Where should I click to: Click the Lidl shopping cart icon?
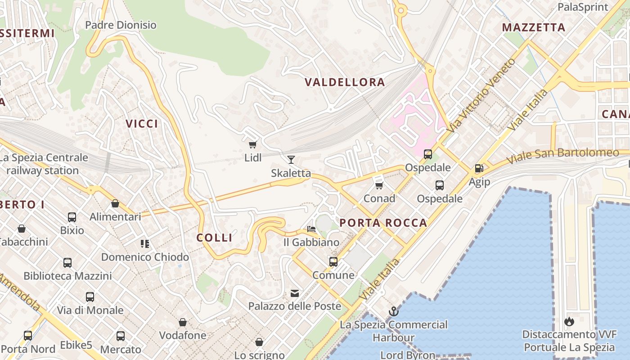pos(252,144)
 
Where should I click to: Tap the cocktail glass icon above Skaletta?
pos(291,159)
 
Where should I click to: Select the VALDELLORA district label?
pos(345,82)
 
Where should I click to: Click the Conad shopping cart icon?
pos(379,185)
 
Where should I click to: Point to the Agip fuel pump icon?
pos(479,169)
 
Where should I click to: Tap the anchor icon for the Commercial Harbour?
pos(394,311)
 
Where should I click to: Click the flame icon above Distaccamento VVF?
pos(569,321)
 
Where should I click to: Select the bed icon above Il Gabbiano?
pos(311,229)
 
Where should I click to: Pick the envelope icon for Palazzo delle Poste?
pos(294,293)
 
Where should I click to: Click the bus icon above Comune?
pos(333,261)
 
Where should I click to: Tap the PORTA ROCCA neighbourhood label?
pos(383,223)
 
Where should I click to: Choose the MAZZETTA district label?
pos(534,27)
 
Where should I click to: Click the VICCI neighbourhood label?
pos(142,124)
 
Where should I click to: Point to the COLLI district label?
pos(215,238)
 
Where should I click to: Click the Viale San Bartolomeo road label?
pos(562,156)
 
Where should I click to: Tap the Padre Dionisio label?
pos(121,25)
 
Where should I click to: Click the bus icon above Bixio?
pos(72,217)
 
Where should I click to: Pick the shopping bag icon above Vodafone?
pos(183,322)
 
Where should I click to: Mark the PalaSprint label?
pos(583,7)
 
